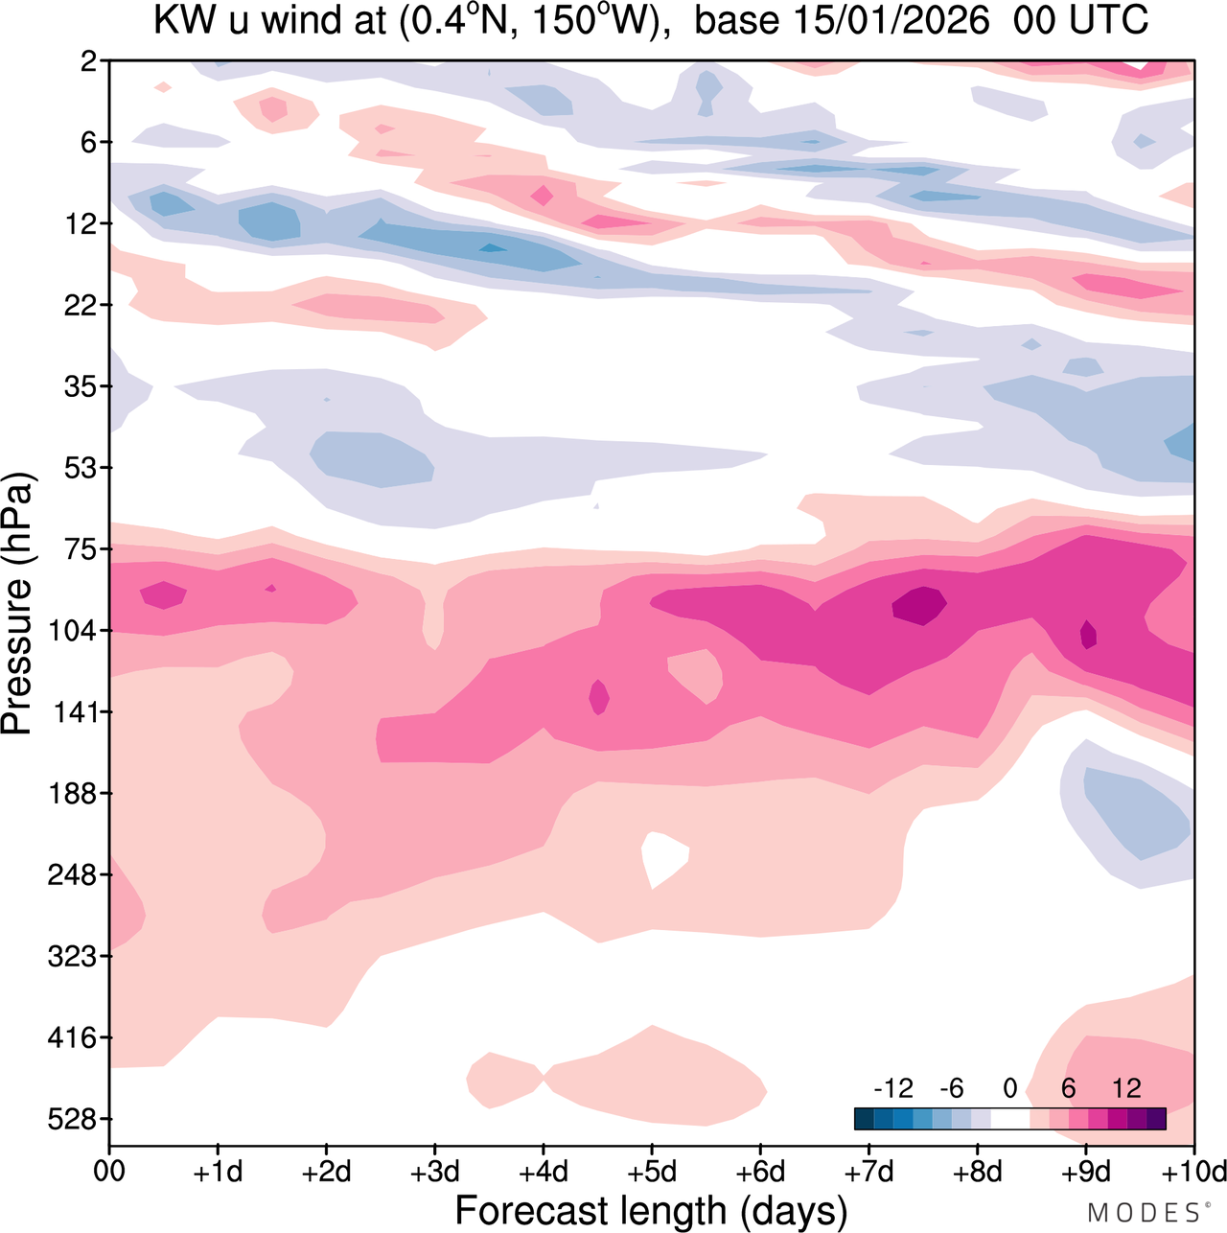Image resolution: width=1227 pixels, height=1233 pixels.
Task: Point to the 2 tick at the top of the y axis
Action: pyautogui.click(x=89, y=61)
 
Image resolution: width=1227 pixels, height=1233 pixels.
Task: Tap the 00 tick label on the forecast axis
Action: pyautogui.click(x=111, y=1172)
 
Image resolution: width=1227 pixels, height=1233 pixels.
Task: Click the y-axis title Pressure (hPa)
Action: pyautogui.click(x=17, y=604)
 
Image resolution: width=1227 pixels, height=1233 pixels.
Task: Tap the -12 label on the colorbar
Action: pyautogui.click(x=893, y=1088)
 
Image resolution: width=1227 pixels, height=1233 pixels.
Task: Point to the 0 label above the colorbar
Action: pyautogui.click(x=1009, y=1088)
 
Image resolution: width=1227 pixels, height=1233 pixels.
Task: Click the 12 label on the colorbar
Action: pyautogui.click(x=1126, y=1088)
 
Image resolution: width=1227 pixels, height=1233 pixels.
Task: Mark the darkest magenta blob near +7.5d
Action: pyautogui.click(x=919, y=606)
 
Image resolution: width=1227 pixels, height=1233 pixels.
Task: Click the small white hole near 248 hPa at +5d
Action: pyautogui.click(x=663, y=856)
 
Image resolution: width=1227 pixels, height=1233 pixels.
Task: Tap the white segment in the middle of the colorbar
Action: pyautogui.click(x=1009, y=1118)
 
